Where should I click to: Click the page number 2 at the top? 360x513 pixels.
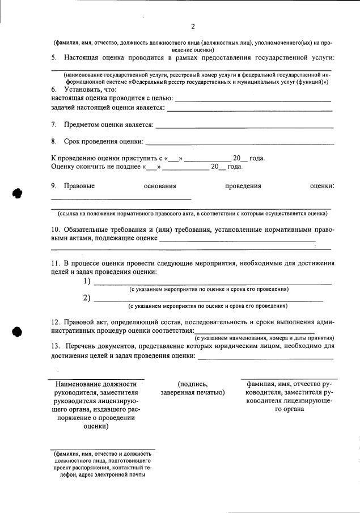tap(193, 27)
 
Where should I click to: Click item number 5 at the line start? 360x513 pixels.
tap(54, 58)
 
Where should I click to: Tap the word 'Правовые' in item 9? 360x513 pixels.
tap(79, 186)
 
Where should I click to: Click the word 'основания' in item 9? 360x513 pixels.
tap(160, 186)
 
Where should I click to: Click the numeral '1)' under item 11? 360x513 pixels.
tap(87, 282)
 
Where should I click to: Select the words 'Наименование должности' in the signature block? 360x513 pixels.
tap(96, 384)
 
